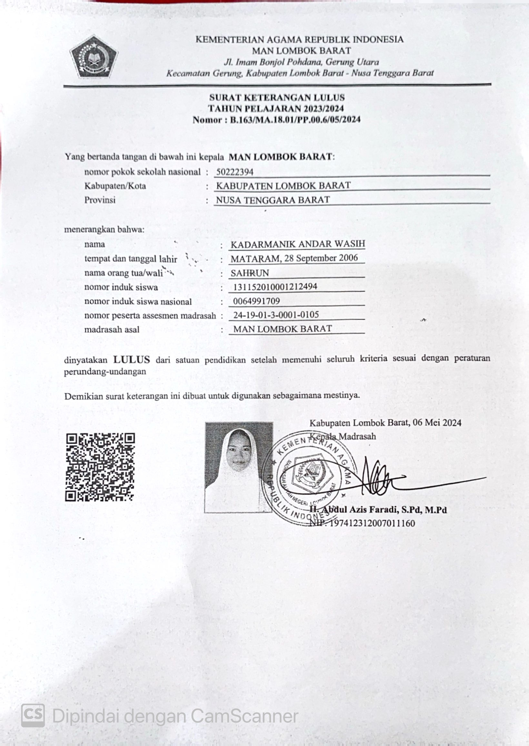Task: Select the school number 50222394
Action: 235,172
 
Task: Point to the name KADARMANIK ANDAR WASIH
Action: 298,244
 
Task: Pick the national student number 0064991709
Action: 256,301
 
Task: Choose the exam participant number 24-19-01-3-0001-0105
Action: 276,315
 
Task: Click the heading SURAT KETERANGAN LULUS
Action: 277,97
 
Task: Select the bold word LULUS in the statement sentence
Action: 132,360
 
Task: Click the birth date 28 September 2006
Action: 321,258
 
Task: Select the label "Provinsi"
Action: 100,200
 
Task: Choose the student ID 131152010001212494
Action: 275,287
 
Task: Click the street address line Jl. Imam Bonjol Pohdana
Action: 301,62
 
